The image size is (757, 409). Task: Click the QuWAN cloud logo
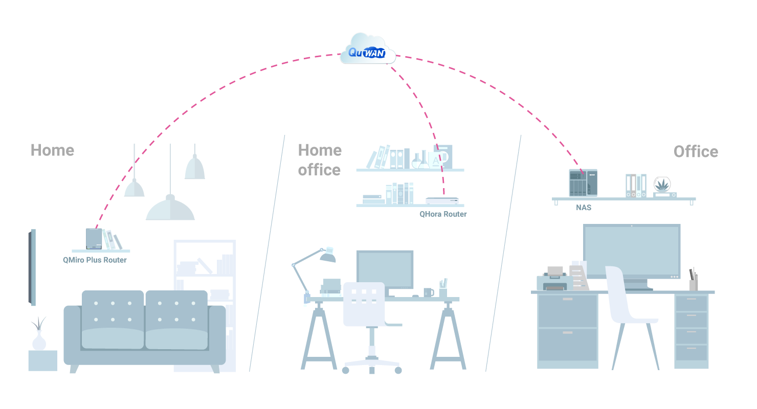pyautogui.click(x=367, y=50)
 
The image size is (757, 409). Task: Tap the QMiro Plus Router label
pyautogui.click(x=95, y=260)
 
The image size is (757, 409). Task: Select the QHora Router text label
pyautogui.click(x=443, y=214)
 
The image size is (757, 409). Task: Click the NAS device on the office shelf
pyautogui.click(x=583, y=183)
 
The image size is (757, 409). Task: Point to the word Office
pyautogui.click(x=696, y=151)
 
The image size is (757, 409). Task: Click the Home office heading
pyautogui.click(x=320, y=160)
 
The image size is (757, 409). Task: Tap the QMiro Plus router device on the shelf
pyautogui.click(x=94, y=239)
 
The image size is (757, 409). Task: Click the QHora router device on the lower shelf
pyautogui.click(x=442, y=201)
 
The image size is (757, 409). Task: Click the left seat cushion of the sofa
pyautogui.click(x=113, y=337)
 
